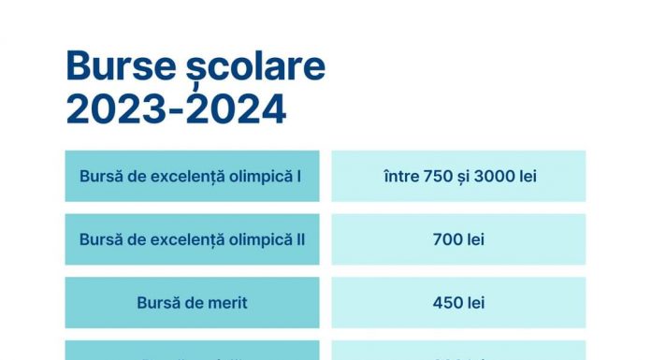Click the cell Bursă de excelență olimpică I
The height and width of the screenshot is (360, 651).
click(192, 176)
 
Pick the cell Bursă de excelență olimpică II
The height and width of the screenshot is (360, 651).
click(192, 239)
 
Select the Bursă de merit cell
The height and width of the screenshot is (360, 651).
click(192, 303)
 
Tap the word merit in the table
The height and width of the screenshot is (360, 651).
click(227, 303)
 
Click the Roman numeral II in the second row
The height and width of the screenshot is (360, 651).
click(300, 239)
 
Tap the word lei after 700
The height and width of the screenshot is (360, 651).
click(475, 239)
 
